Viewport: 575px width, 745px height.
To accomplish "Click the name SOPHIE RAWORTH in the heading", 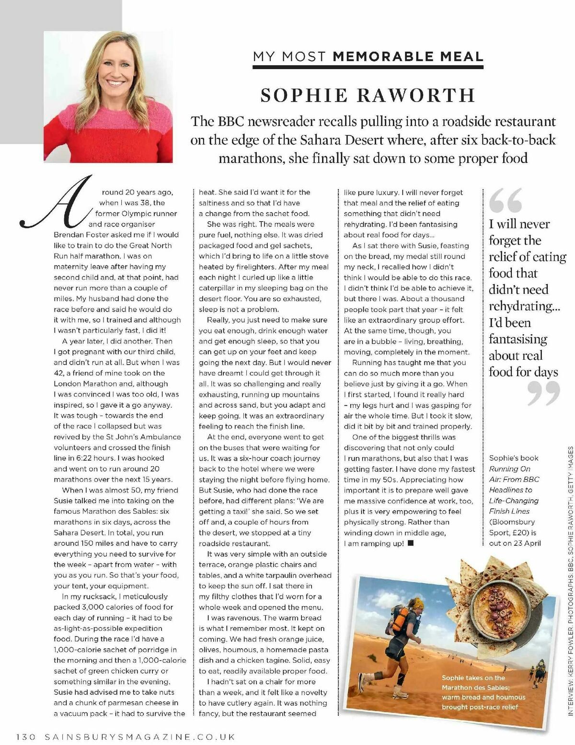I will point(368,95).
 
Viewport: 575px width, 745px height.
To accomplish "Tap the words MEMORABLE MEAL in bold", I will point(408,57).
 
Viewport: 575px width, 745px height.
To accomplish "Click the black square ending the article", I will point(410,543).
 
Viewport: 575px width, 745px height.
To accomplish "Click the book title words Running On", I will point(510,469).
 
